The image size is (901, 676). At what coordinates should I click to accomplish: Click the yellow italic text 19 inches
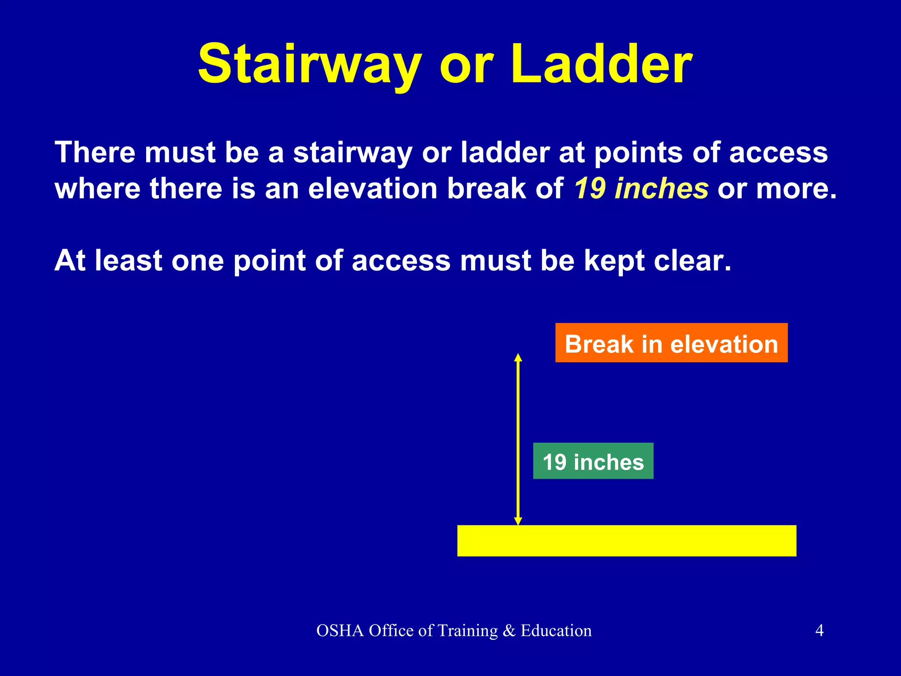point(641,188)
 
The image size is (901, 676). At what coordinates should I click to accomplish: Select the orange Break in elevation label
point(671,343)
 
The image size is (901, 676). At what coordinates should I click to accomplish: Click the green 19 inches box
point(593,462)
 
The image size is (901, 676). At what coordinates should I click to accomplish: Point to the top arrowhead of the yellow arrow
point(518,357)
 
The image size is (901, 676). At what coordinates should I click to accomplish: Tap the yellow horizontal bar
point(626,540)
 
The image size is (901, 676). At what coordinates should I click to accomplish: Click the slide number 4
point(819,631)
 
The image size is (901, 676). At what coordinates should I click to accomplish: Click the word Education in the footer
point(556,631)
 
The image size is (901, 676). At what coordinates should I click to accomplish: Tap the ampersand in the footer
point(509,631)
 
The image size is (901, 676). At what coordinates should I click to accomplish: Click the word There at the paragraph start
point(95,153)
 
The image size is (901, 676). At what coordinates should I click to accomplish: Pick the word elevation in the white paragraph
point(372,188)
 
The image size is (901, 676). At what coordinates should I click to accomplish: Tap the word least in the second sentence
point(128,261)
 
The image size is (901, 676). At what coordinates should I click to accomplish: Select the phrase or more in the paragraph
point(776,188)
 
